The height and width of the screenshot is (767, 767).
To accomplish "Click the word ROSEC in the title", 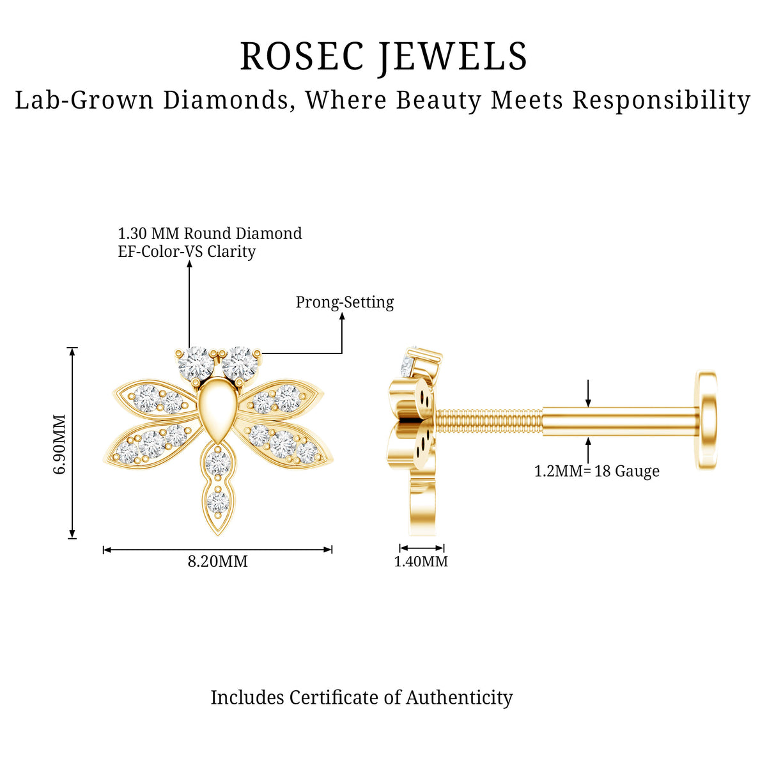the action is click(302, 56).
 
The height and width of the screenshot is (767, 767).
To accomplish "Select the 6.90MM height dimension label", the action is click(59, 444).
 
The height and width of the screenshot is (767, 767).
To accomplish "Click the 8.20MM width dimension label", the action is click(217, 561).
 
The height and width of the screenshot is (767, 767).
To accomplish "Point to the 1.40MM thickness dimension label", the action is click(421, 561).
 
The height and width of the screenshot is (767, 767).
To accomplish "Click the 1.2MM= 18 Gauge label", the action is click(596, 471).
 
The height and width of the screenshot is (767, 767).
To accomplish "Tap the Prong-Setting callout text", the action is click(345, 302).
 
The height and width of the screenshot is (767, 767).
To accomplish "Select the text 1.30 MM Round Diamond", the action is click(210, 234).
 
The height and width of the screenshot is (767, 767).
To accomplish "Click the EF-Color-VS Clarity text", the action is click(187, 252).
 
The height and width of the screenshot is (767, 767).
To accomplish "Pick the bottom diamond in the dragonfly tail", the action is click(218, 502).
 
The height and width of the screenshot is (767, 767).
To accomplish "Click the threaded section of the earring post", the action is click(489, 421).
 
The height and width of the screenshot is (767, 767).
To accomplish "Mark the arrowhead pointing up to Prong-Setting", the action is click(342, 316).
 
